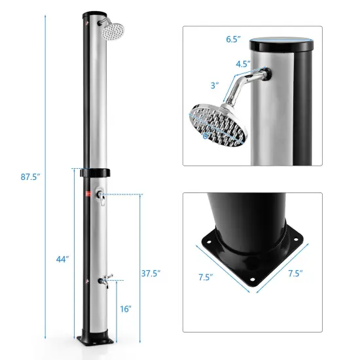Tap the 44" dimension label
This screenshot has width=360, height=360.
[x=62, y=259]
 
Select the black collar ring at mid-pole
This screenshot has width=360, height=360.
[x=95, y=173]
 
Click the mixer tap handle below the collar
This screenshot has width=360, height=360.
[x=99, y=194]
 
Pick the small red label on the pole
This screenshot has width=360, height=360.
[x=85, y=194]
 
